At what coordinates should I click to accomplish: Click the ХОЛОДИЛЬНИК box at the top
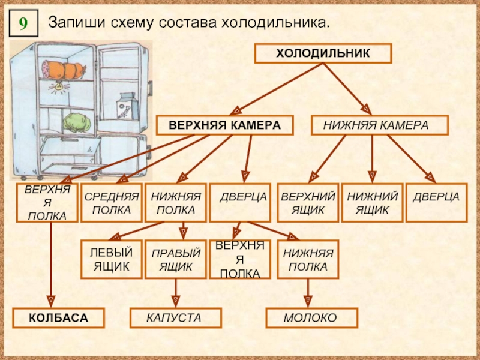click(x=323, y=53)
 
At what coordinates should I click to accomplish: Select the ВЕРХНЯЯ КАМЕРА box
click(x=225, y=125)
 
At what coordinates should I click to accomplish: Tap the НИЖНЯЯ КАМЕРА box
click(x=379, y=125)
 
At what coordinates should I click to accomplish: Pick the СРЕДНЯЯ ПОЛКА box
click(x=111, y=203)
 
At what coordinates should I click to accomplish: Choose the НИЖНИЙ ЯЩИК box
click(x=373, y=203)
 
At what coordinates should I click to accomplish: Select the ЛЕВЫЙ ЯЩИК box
click(x=111, y=259)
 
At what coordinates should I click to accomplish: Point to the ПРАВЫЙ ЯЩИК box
click(x=176, y=259)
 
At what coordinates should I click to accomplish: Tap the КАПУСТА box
click(x=176, y=317)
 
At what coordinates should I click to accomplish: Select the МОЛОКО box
click(x=311, y=317)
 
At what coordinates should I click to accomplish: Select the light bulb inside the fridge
click(x=59, y=87)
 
